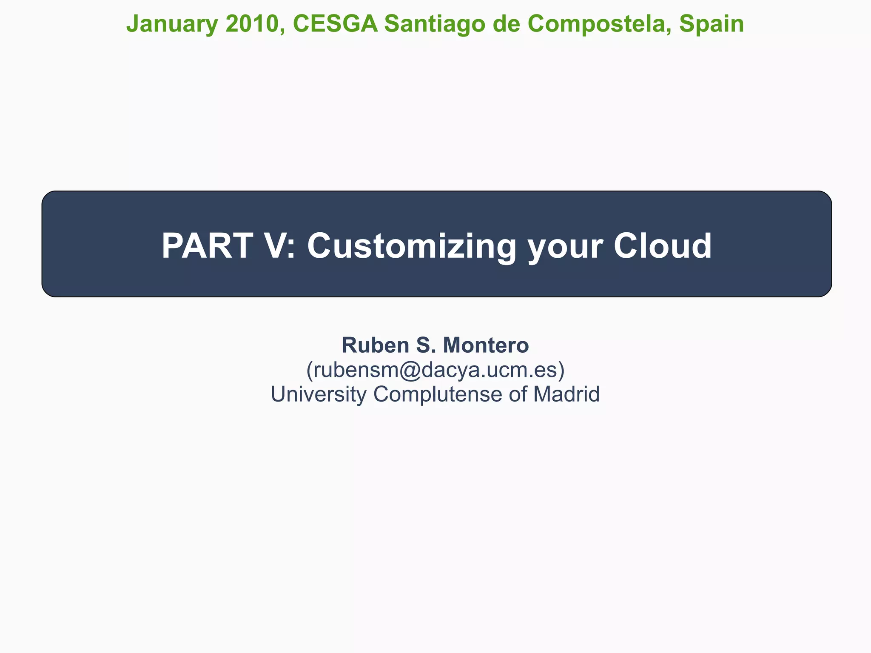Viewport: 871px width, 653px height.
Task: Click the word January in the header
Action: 172,24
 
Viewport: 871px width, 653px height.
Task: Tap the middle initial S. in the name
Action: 426,345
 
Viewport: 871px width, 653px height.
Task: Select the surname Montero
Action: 486,345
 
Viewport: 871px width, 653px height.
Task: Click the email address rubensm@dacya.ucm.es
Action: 435,370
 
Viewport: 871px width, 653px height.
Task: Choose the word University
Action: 318,394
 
